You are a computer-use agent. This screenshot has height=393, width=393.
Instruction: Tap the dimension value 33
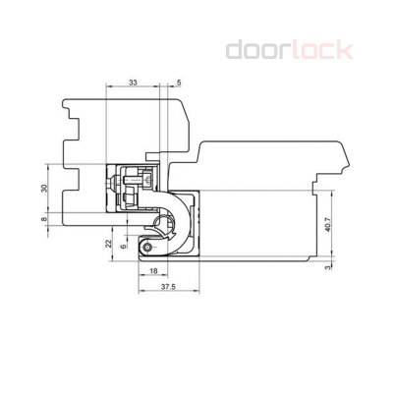(133, 83)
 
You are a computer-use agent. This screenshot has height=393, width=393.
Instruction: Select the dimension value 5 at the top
(178, 83)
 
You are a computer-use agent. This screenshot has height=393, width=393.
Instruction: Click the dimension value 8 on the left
(44, 222)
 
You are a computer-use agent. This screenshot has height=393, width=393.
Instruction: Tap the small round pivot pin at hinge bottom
(148, 242)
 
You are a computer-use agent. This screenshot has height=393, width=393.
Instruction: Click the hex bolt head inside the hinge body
(127, 183)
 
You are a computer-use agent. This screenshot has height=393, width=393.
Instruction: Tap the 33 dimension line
(133, 91)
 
